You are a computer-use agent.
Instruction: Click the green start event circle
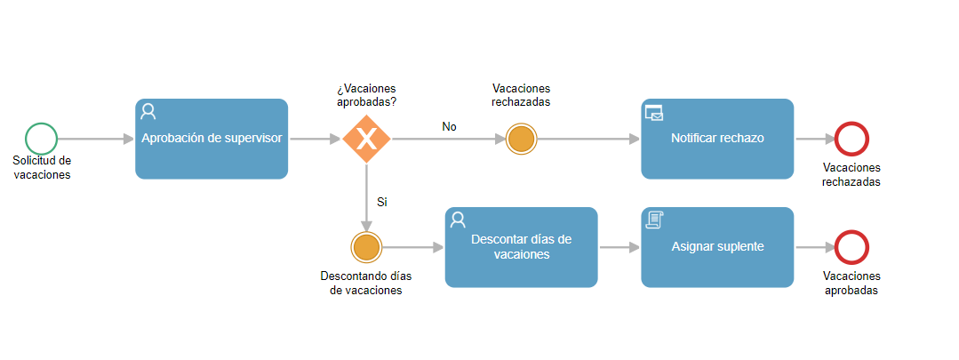point(41,139)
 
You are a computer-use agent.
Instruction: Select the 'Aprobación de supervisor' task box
point(212,139)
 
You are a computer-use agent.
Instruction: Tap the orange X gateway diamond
point(366,139)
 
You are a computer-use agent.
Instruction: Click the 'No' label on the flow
point(450,126)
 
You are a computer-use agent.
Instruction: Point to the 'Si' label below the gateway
point(382,203)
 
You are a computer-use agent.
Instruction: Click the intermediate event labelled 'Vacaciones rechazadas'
point(522,139)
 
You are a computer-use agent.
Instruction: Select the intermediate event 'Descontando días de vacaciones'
point(366,247)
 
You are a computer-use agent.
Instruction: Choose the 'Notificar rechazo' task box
point(717,139)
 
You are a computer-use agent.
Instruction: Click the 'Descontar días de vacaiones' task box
point(521,247)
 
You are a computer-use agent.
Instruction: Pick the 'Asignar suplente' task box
point(717,247)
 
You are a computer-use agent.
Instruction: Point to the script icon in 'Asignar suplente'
point(654,220)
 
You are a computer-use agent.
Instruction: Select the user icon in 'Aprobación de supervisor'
point(148,112)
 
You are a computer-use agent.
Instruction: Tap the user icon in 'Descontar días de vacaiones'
point(458,220)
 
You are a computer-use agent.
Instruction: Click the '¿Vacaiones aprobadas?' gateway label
point(366,95)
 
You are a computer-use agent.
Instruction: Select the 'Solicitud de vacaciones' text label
point(42,167)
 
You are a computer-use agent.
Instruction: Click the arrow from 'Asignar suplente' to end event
point(815,247)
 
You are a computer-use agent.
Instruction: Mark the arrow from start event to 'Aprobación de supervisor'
point(96,139)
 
